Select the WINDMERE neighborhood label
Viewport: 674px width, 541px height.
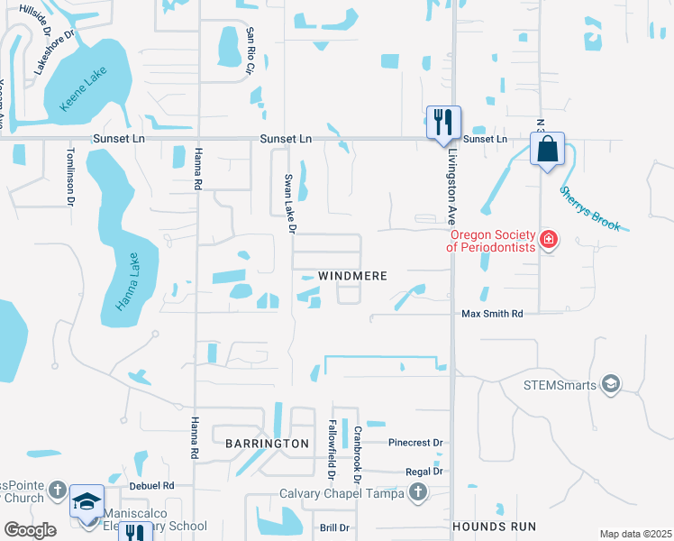click(352, 276)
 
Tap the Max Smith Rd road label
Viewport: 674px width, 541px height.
click(492, 314)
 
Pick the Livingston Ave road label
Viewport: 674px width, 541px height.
click(451, 186)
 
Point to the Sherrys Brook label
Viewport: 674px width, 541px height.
click(589, 208)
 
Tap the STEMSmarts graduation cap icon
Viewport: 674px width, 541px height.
click(612, 385)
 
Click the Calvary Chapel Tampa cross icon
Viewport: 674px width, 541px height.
click(417, 492)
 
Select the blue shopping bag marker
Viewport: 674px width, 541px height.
click(548, 151)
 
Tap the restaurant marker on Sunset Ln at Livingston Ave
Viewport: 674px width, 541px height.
click(442, 123)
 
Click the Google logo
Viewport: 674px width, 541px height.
click(30, 530)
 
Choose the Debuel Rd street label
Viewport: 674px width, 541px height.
click(150, 485)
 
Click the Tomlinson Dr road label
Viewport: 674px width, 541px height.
click(69, 177)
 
